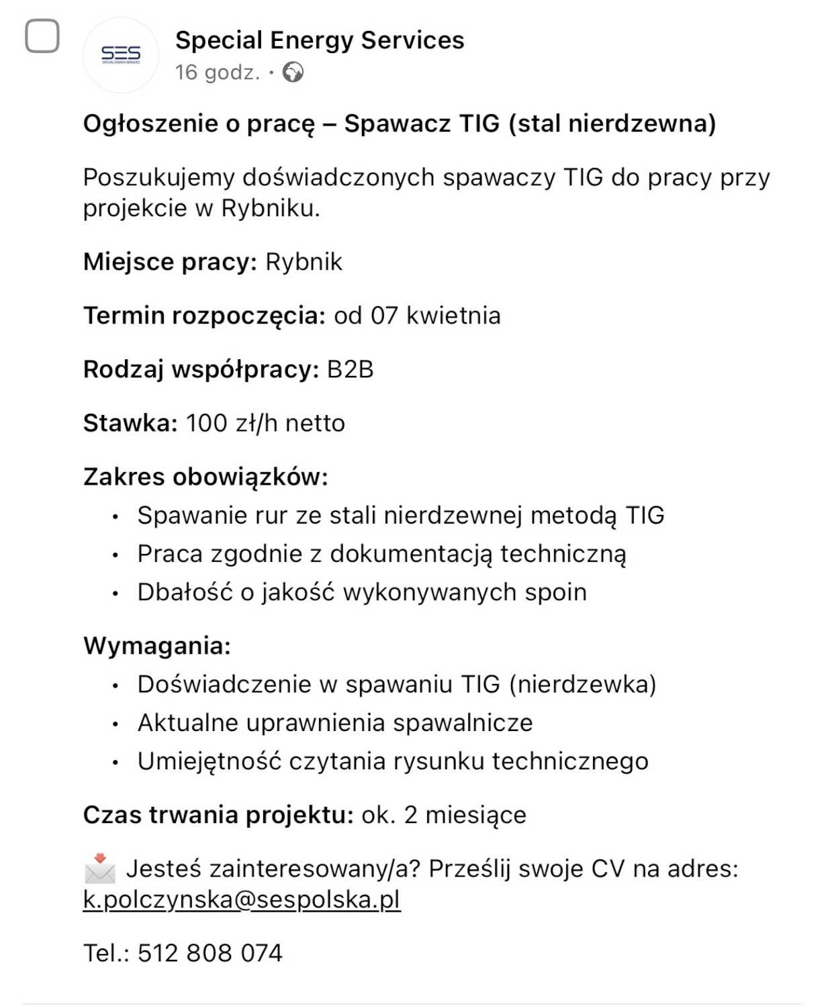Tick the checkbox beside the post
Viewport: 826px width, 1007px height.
[x=42, y=36]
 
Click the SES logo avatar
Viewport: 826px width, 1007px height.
[x=121, y=55]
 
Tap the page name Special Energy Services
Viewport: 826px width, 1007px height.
[x=320, y=40]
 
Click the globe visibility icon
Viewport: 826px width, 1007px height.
[x=293, y=72]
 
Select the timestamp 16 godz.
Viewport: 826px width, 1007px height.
[x=217, y=73]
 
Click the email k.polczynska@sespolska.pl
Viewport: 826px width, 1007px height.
[x=242, y=900]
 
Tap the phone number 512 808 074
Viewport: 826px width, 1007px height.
[x=210, y=953]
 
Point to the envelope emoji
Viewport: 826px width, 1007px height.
[x=100, y=869]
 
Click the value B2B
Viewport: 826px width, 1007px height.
[x=350, y=369]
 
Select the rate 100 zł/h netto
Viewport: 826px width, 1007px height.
[x=265, y=423]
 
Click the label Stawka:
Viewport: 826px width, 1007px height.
[x=130, y=423]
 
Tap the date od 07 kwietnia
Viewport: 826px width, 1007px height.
[x=417, y=316]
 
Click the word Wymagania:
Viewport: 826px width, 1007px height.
[x=157, y=646]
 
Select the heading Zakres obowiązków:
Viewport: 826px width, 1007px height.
[x=205, y=477]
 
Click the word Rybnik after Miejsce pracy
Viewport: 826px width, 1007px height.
[x=304, y=262]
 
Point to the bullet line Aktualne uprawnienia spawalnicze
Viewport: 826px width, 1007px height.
[x=335, y=723]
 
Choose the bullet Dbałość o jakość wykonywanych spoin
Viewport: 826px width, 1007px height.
[x=362, y=592]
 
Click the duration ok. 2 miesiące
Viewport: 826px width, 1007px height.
[x=444, y=815]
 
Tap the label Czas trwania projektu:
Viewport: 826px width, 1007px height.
[x=218, y=815]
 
